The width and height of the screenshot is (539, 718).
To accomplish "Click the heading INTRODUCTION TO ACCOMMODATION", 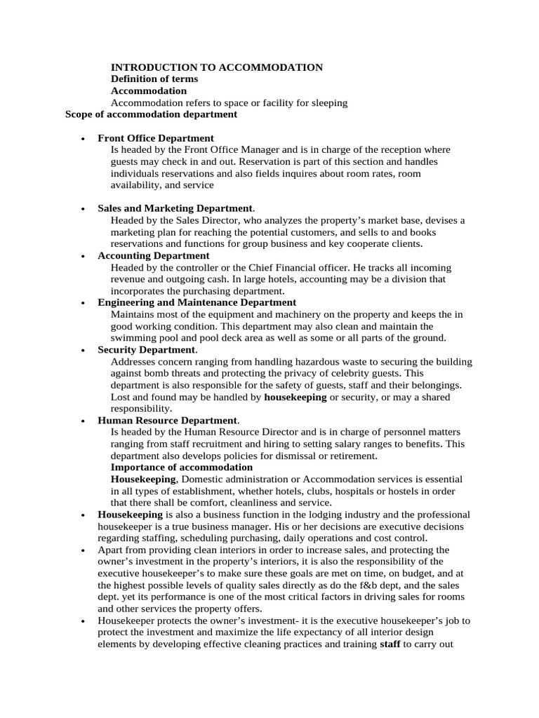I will point(217,67).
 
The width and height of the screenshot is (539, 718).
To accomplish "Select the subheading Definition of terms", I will point(154,79).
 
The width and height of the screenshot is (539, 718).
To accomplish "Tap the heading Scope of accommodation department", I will point(151,114).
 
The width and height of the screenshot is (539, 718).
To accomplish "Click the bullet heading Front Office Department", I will point(156,138).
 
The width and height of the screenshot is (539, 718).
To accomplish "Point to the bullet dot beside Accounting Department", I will point(84,257).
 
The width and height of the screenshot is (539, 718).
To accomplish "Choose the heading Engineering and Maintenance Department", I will point(197,303).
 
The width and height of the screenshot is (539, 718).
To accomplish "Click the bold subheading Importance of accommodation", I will point(182,467).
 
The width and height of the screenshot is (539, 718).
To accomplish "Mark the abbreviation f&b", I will point(365,585).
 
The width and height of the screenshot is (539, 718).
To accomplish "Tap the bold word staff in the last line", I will point(390,644).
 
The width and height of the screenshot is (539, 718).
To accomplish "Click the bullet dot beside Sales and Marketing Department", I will point(84,209).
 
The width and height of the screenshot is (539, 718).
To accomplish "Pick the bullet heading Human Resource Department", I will point(168,421).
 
